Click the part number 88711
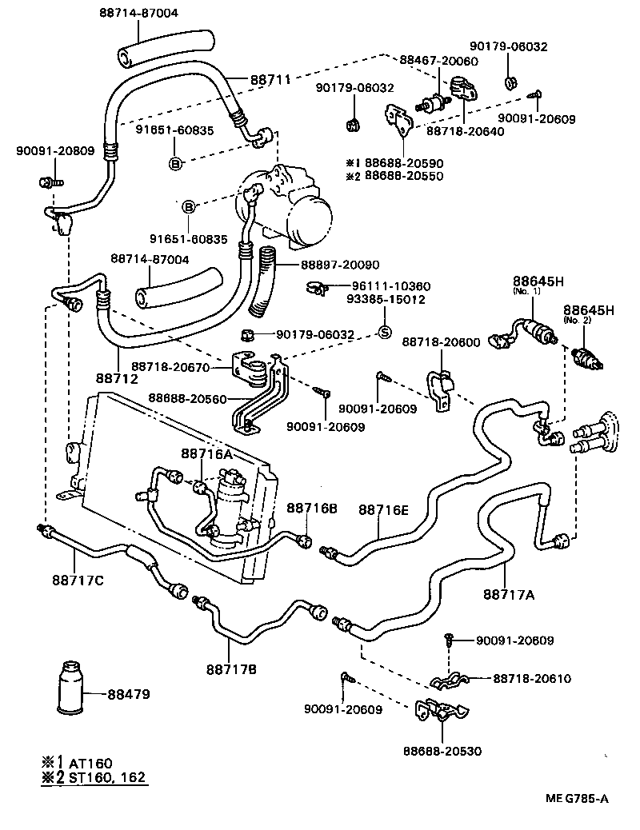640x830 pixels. [250, 81]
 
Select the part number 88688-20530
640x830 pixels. [443, 751]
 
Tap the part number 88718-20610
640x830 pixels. [532, 679]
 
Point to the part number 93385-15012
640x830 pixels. [385, 299]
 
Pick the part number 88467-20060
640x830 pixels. [438, 62]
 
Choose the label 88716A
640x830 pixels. [206, 453]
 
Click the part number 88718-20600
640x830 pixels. [441, 341]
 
